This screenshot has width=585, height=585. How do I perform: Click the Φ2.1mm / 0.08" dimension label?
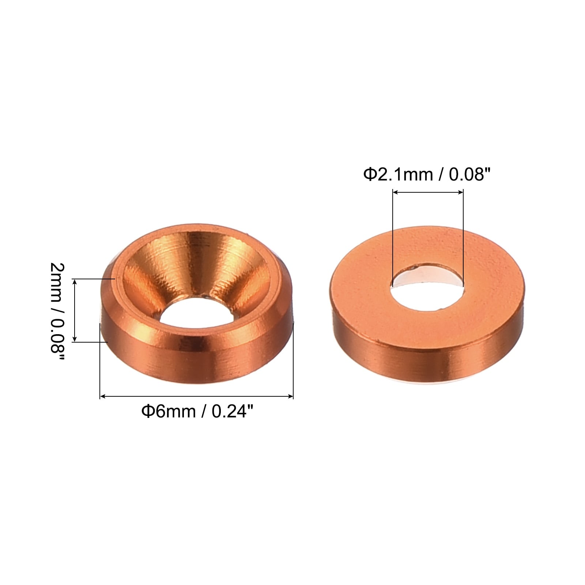pyautogui.click(x=426, y=175)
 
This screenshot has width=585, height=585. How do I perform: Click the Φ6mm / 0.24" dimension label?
pyautogui.click(x=197, y=412)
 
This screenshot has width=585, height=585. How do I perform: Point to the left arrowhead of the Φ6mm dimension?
pyautogui.click(x=103, y=396)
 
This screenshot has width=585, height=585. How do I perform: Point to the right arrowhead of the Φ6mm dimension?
pyautogui.click(x=290, y=396)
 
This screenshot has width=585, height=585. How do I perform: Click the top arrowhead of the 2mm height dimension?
pyautogui.click(x=75, y=282)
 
